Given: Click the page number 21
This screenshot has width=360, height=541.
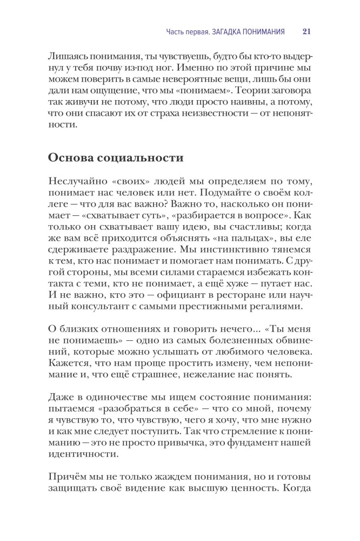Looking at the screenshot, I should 306,31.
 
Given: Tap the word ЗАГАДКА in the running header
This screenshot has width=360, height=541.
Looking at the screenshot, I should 218,31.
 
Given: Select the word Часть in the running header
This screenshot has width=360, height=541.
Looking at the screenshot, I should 176,31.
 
